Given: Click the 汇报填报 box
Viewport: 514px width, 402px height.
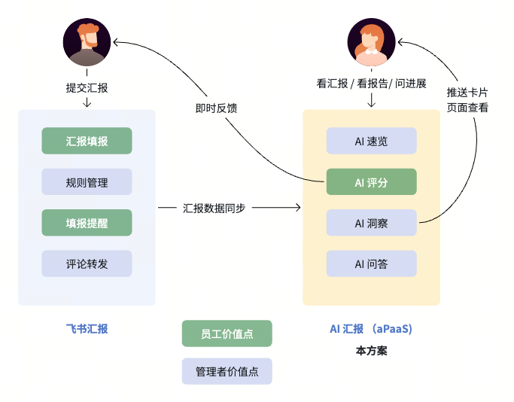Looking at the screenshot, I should point(87,141).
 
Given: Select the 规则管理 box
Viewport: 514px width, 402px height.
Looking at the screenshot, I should point(87,182).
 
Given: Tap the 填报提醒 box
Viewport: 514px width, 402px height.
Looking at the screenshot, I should point(87,223).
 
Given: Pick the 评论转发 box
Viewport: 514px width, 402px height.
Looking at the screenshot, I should point(87,263).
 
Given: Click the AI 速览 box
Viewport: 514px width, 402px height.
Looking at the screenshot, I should point(371,141).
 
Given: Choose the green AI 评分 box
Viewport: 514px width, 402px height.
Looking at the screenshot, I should point(371,182).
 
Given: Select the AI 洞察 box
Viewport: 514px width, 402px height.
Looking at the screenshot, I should point(371,223).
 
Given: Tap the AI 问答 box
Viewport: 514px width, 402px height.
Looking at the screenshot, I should point(371,263).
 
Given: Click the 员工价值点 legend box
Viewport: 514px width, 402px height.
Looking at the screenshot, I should point(227,333).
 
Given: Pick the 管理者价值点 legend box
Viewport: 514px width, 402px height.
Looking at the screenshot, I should point(227,371).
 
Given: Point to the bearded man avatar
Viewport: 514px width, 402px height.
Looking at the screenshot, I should point(87,42).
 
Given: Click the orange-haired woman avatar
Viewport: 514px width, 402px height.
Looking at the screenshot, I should point(371,42).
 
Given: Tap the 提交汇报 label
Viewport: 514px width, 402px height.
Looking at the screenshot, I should point(87,87).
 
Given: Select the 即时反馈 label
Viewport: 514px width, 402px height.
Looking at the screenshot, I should point(216,108).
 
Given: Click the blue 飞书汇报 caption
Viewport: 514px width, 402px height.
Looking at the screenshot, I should point(87,329).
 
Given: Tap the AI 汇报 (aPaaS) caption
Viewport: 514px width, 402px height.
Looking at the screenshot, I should point(371,329).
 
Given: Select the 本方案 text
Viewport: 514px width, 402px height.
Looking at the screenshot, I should point(371,351).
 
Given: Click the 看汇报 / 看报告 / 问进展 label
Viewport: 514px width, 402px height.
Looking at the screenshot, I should point(371,84).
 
